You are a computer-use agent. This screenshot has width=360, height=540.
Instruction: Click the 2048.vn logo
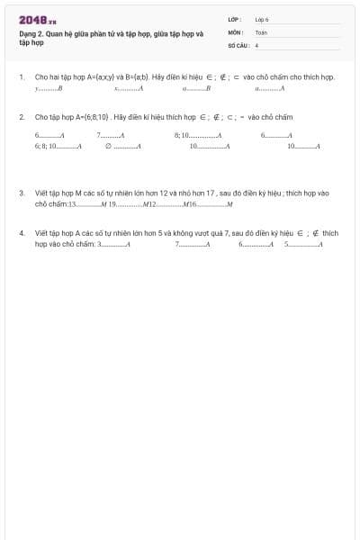pos(38,20)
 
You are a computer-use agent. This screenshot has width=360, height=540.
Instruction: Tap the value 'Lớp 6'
pos(262,19)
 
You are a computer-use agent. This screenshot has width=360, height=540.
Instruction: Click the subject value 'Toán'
pos(261,31)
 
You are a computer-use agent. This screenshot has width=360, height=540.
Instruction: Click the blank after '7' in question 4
pos(192,244)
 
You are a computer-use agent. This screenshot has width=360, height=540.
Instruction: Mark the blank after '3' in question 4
pos(113,244)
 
